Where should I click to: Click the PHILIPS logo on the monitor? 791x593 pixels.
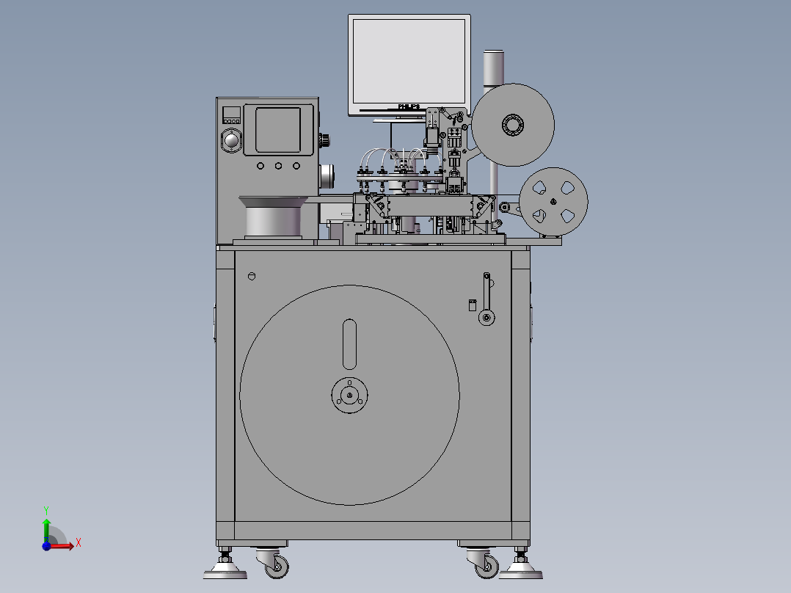409,106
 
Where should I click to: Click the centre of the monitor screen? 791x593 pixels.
409,61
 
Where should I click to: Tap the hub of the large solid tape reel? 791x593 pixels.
512,125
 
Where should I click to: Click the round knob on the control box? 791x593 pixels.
232,140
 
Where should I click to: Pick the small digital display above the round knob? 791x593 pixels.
232,114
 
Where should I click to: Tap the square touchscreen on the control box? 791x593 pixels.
278,130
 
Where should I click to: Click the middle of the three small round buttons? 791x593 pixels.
279,166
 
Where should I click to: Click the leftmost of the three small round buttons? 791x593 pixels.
260,166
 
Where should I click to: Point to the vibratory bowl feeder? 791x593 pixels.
273,216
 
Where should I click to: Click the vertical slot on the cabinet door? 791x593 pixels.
350,344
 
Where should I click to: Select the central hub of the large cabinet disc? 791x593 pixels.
350,396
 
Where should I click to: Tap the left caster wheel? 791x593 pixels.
277,565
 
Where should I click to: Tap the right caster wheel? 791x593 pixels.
485,565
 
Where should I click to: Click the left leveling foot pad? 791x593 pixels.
225,570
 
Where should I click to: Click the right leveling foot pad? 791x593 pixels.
520,570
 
